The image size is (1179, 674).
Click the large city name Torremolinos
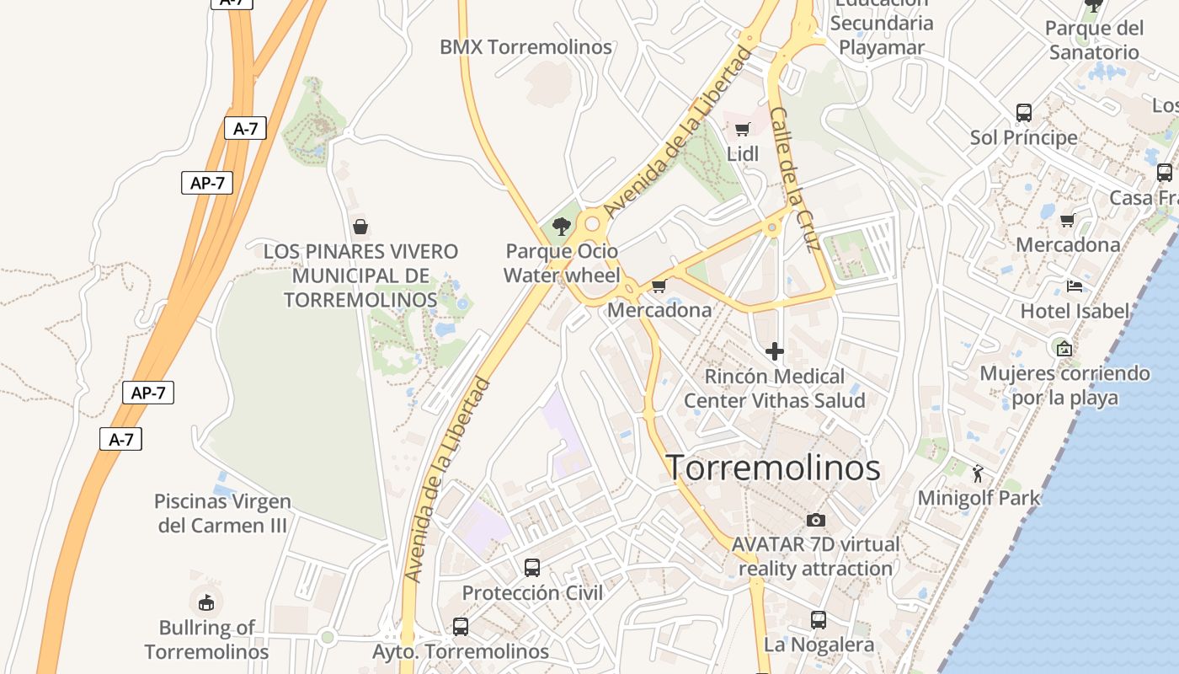(774, 468)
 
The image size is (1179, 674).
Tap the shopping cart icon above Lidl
(742, 129)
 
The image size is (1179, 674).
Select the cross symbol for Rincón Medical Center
(775, 350)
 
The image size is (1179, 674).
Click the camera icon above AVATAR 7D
(815, 520)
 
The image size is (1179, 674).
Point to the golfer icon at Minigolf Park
(978, 474)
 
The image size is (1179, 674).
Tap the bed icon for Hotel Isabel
(1074, 286)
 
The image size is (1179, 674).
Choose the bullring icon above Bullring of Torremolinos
(206, 602)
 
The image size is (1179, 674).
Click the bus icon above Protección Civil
(532, 567)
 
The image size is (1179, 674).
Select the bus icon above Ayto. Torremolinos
(460, 626)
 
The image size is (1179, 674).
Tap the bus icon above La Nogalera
(818, 620)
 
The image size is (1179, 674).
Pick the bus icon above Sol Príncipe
(1024, 112)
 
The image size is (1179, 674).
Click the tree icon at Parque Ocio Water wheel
(561, 226)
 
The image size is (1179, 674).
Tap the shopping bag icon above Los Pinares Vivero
(360, 226)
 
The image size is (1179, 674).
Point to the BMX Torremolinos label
(525, 47)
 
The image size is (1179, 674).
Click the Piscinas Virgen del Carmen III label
(223, 513)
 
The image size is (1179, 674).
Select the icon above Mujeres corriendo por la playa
(1064, 347)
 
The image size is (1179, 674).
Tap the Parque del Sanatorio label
(1093, 40)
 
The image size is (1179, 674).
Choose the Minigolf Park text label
(979, 498)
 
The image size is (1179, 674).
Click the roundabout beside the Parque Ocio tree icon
(592, 224)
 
